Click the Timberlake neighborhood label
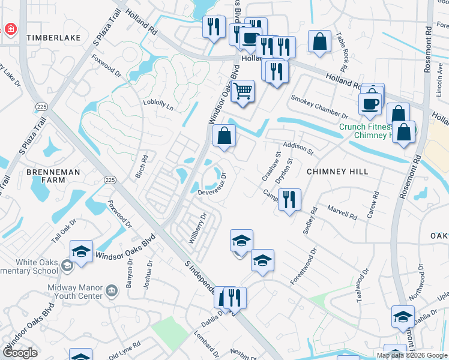(53, 37)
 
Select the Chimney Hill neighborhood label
(337, 172)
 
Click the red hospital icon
(10, 29)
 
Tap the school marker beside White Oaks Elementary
(81, 251)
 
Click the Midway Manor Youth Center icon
(112, 291)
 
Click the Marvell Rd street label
(342, 211)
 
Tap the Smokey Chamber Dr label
(319, 107)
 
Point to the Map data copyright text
(412, 355)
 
